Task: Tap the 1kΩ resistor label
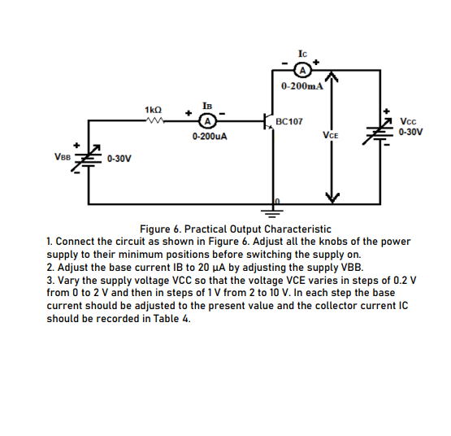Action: tap(152, 109)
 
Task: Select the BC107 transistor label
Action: tap(289, 121)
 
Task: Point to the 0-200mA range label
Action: tap(301, 85)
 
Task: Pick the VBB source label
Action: tap(61, 157)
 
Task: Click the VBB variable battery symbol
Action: tap(88, 159)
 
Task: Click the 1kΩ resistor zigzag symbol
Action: tap(153, 122)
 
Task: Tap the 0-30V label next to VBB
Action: tap(119, 159)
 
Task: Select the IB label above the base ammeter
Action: tap(209, 106)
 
